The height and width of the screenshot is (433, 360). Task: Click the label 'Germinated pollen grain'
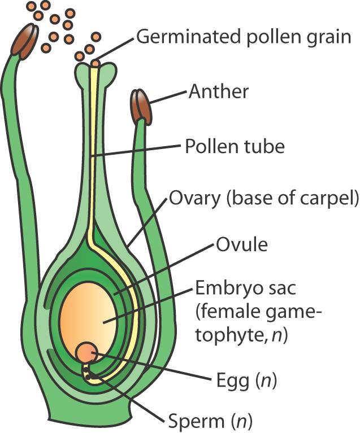(244, 37)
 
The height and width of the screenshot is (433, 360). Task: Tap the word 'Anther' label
(218, 91)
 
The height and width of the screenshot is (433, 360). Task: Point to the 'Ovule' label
(241, 246)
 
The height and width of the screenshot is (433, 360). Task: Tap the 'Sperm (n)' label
(210, 421)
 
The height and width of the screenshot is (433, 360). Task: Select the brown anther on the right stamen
(141, 107)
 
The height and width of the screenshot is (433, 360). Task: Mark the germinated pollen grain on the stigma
(96, 64)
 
